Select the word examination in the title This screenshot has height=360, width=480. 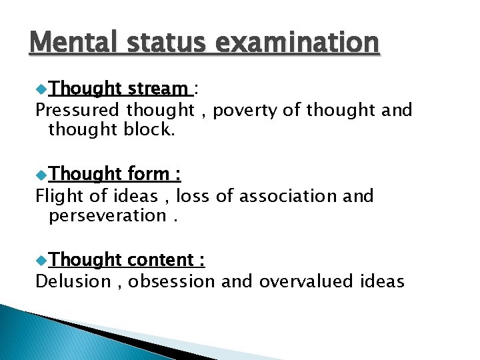(297, 43)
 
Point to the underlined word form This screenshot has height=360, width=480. (148, 174)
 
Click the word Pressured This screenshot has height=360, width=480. (78, 110)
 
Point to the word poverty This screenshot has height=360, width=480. (246, 110)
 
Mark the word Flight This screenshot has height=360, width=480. (57, 196)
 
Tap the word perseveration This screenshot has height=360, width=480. (107, 215)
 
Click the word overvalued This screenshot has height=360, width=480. (306, 282)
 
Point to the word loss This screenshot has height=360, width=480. (190, 196)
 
